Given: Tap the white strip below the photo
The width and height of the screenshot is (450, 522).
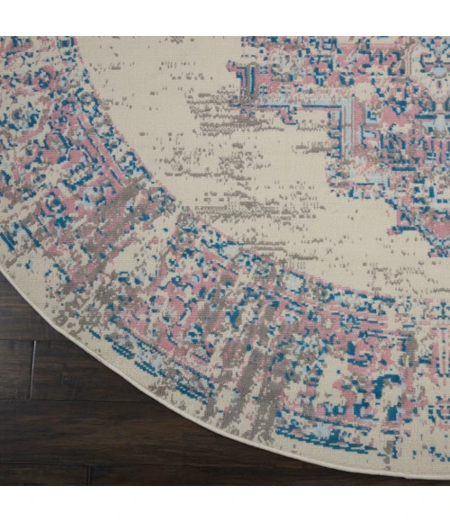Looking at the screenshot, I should (225, 504).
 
